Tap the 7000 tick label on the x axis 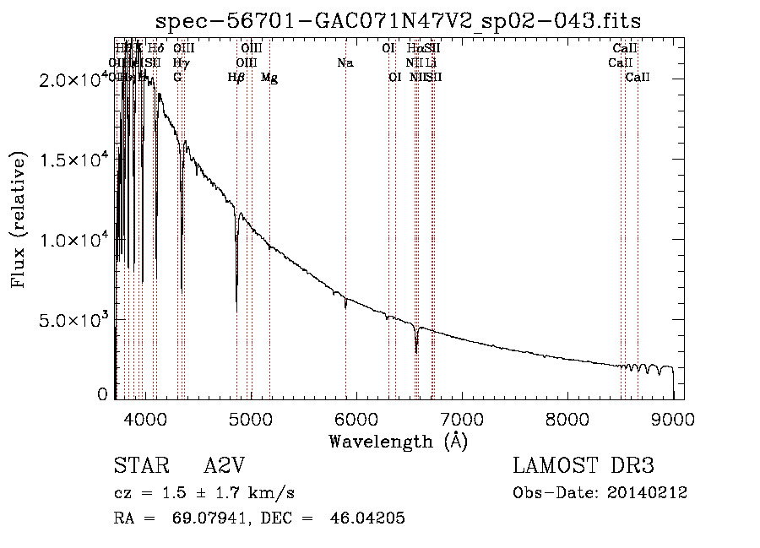(461, 417)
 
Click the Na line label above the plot (345, 63)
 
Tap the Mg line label (269, 78)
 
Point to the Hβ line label (236, 78)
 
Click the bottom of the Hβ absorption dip (236, 308)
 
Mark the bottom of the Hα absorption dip (415, 350)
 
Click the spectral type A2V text (225, 467)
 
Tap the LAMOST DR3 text (584, 467)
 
